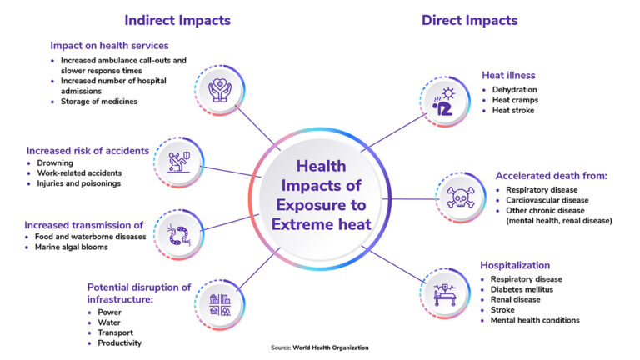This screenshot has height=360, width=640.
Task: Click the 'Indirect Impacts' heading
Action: (x=177, y=20)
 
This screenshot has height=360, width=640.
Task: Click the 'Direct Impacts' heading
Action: (x=469, y=20)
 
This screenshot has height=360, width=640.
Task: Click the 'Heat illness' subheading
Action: (x=507, y=75)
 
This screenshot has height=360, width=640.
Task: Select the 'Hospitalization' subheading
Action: (x=515, y=265)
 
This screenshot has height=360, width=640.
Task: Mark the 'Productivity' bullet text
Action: (x=119, y=342)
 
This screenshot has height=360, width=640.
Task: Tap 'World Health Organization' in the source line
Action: (x=331, y=347)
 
